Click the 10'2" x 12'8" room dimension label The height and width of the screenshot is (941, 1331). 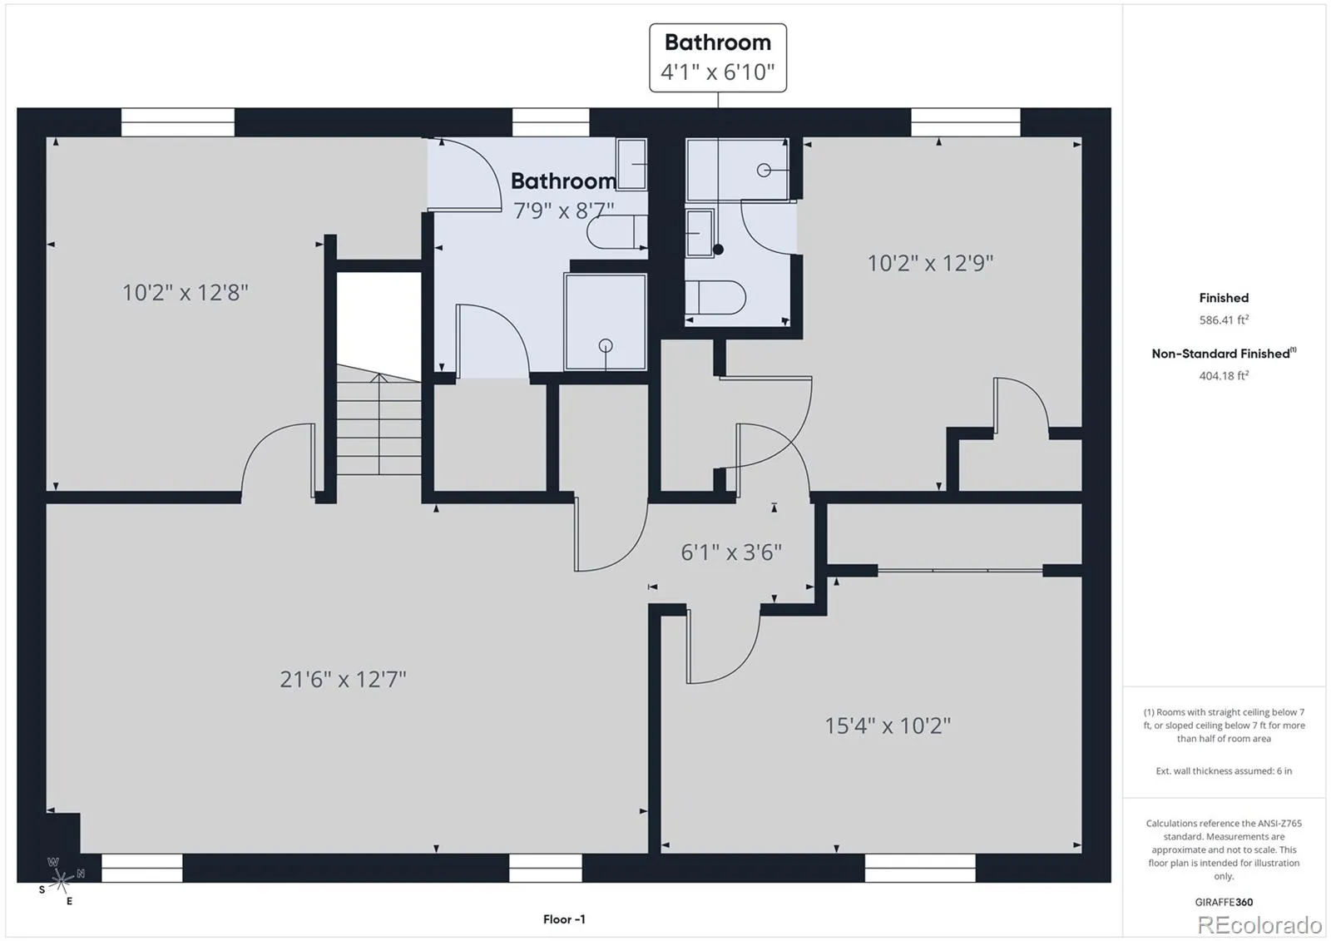(186, 293)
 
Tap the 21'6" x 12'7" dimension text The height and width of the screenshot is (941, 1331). (343, 680)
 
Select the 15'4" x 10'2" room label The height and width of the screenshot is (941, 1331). (888, 726)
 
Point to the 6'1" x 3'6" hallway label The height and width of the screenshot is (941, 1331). (731, 552)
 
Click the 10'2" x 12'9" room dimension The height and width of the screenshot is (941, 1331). (931, 263)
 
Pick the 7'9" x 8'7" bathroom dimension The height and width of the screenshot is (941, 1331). (564, 210)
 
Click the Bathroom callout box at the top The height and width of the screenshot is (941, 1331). (718, 57)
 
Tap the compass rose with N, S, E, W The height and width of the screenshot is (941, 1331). (62, 879)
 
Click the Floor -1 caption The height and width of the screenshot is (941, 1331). (564, 919)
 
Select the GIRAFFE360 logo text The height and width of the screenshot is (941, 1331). (1224, 902)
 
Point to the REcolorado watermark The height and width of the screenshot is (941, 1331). (1259, 924)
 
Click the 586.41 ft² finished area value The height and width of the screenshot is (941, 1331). (1224, 319)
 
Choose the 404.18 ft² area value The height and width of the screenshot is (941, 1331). (1224, 376)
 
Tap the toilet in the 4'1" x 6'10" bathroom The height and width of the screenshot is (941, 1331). (715, 297)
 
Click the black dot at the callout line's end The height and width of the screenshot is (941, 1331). (718, 250)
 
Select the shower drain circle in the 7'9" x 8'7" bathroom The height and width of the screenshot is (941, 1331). (606, 344)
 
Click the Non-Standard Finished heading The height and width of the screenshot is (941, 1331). (1224, 354)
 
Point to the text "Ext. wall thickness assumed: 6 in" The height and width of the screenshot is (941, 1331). (1224, 771)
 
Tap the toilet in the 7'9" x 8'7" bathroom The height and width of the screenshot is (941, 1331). (616, 232)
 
